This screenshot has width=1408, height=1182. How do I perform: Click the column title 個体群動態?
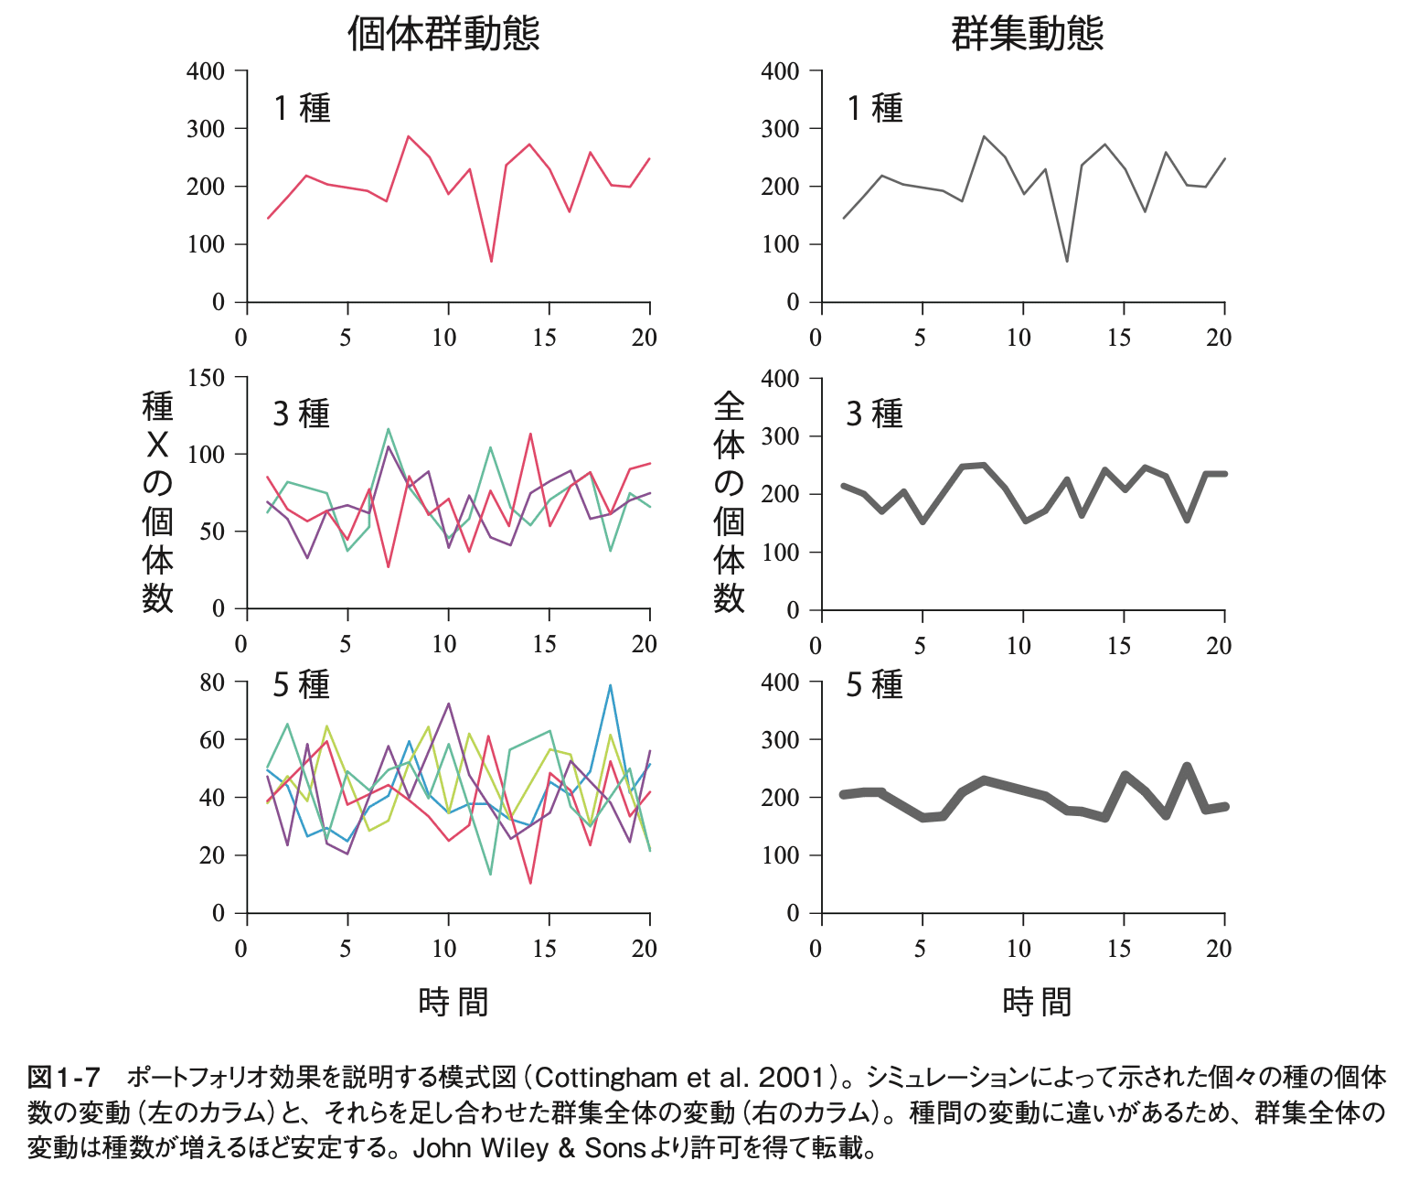coord(443,34)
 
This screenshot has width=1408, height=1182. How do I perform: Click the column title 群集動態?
coord(1028,34)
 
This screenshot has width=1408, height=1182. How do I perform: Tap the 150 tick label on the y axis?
coord(206,377)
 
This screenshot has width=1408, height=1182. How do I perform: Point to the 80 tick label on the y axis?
coord(211,682)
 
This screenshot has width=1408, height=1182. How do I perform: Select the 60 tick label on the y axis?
coord(211,739)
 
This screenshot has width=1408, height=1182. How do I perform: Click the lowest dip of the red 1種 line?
coord(491,262)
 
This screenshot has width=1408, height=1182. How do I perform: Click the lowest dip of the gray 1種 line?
coord(1066,262)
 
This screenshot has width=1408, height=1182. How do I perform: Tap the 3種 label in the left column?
coord(301,414)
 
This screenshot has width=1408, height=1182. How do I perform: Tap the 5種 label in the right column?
coord(874,684)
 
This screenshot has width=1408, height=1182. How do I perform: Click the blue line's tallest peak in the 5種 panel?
coord(610,685)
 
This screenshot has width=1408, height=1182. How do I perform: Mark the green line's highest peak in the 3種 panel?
coord(389,428)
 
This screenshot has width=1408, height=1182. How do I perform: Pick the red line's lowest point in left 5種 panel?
coord(530,883)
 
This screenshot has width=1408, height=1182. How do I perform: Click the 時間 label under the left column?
coord(453,1002)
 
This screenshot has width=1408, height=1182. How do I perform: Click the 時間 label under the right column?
coord(1037,1002)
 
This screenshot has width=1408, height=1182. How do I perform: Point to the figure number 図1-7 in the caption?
coord(63,1077)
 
